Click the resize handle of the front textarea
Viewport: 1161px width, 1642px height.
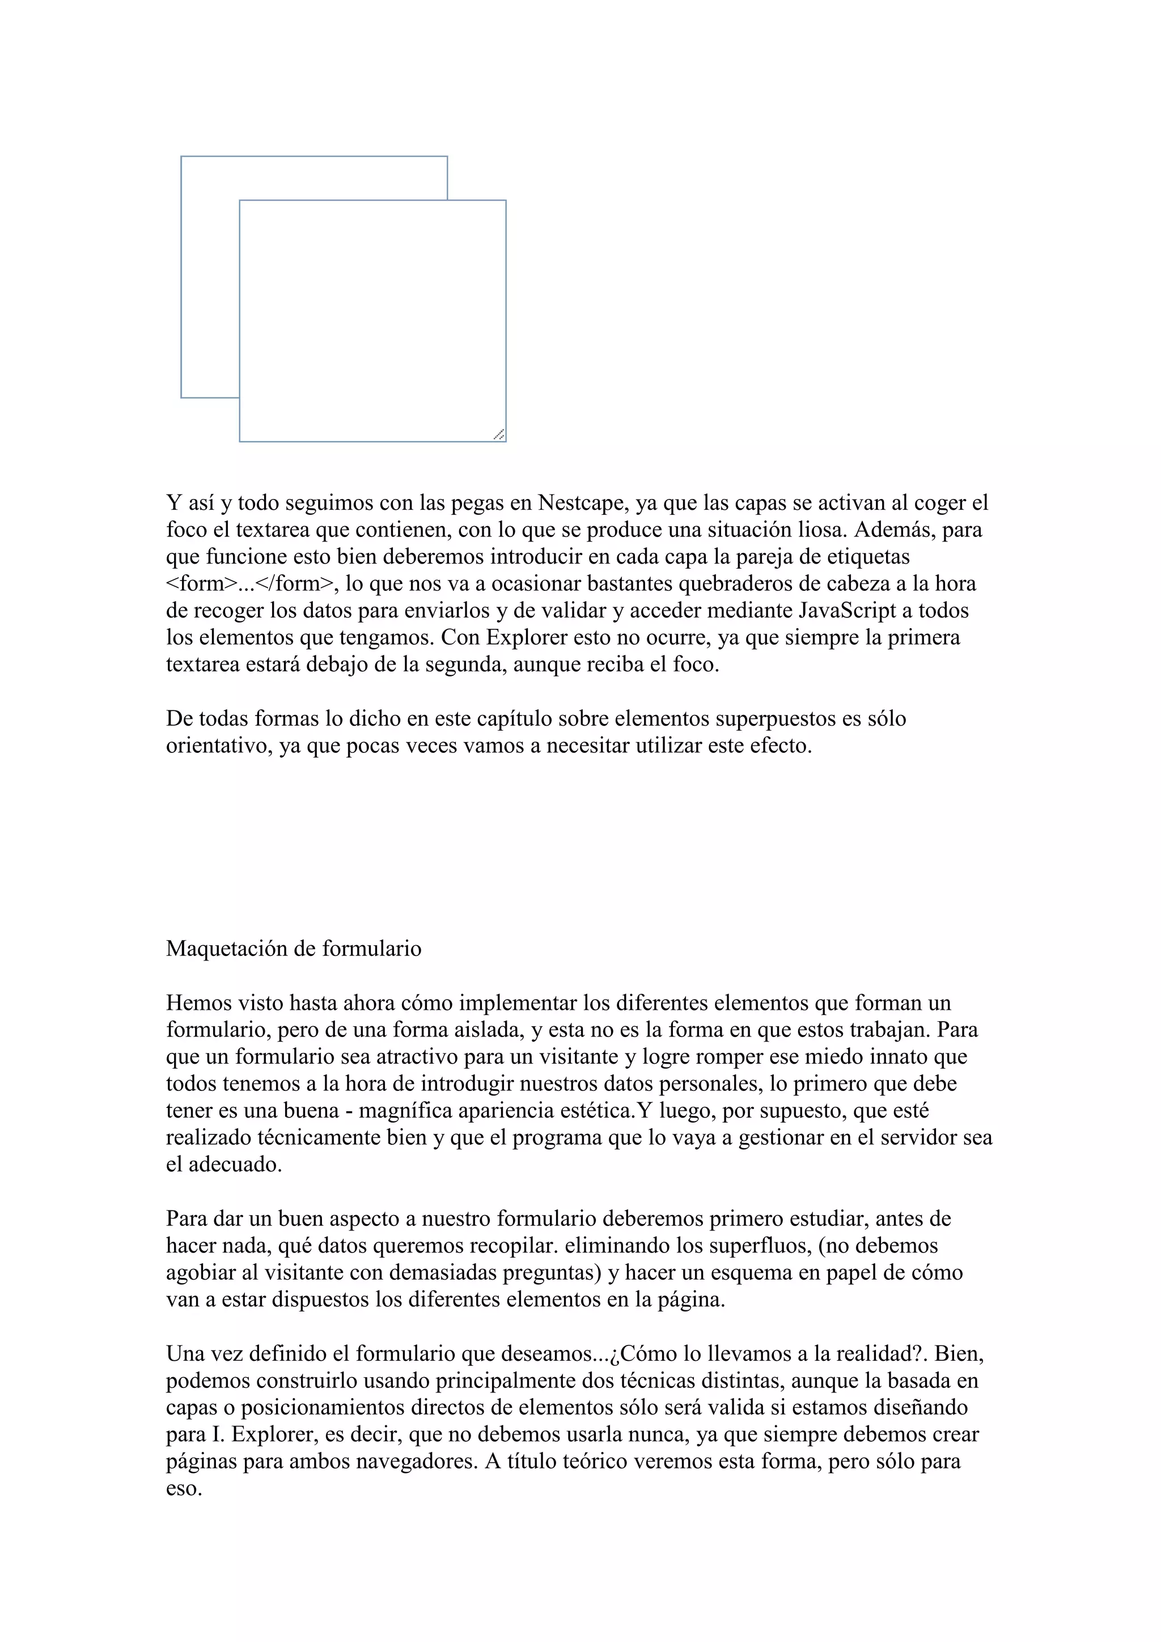(499, 434)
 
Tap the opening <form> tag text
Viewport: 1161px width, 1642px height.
(201, 583)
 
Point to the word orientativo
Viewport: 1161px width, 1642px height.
(217, 746)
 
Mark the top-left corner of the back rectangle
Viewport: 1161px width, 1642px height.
(181, 156)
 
